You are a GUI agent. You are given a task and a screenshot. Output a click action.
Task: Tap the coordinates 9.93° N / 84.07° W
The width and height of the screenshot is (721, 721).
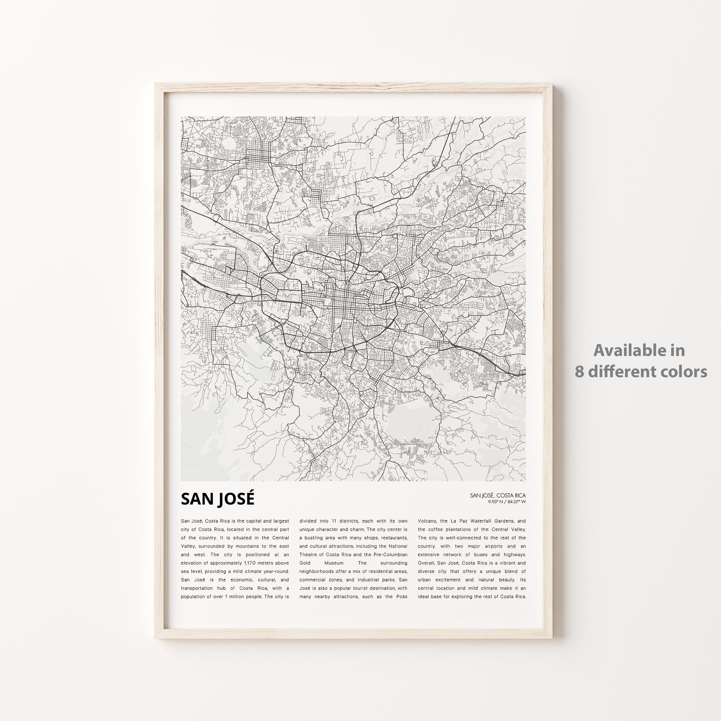coord(507,502)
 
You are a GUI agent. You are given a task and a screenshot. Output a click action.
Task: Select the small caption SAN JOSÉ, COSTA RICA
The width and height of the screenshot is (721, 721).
coord(498,495)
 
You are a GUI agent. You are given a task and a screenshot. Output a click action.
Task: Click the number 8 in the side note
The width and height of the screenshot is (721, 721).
coord(579,372)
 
